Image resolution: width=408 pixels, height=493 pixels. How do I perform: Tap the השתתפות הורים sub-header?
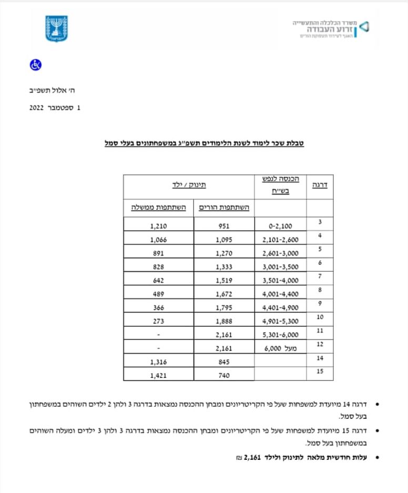[x=221, y=208]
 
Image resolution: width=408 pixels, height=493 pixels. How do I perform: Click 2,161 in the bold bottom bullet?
[x=255, y=458]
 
